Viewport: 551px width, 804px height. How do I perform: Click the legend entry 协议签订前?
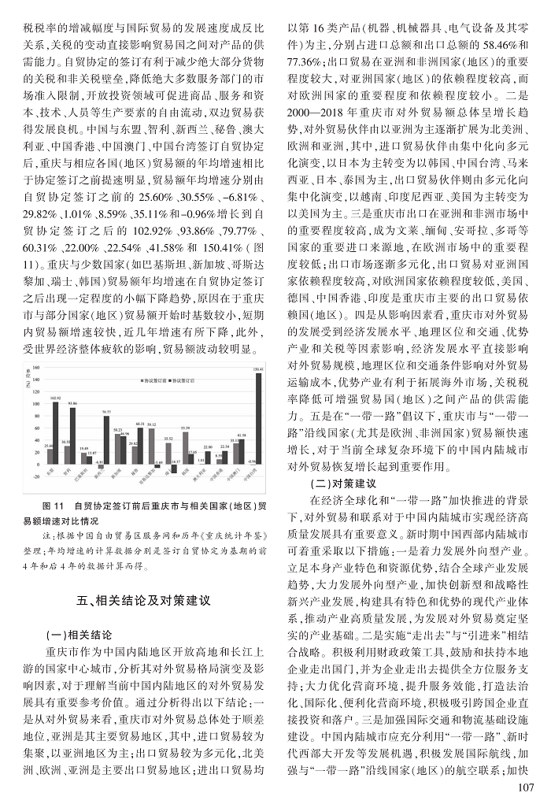point(155,379)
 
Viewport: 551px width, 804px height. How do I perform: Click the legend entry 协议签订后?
point(187,379)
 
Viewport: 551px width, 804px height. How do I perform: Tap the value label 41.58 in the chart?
point(241,435)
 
